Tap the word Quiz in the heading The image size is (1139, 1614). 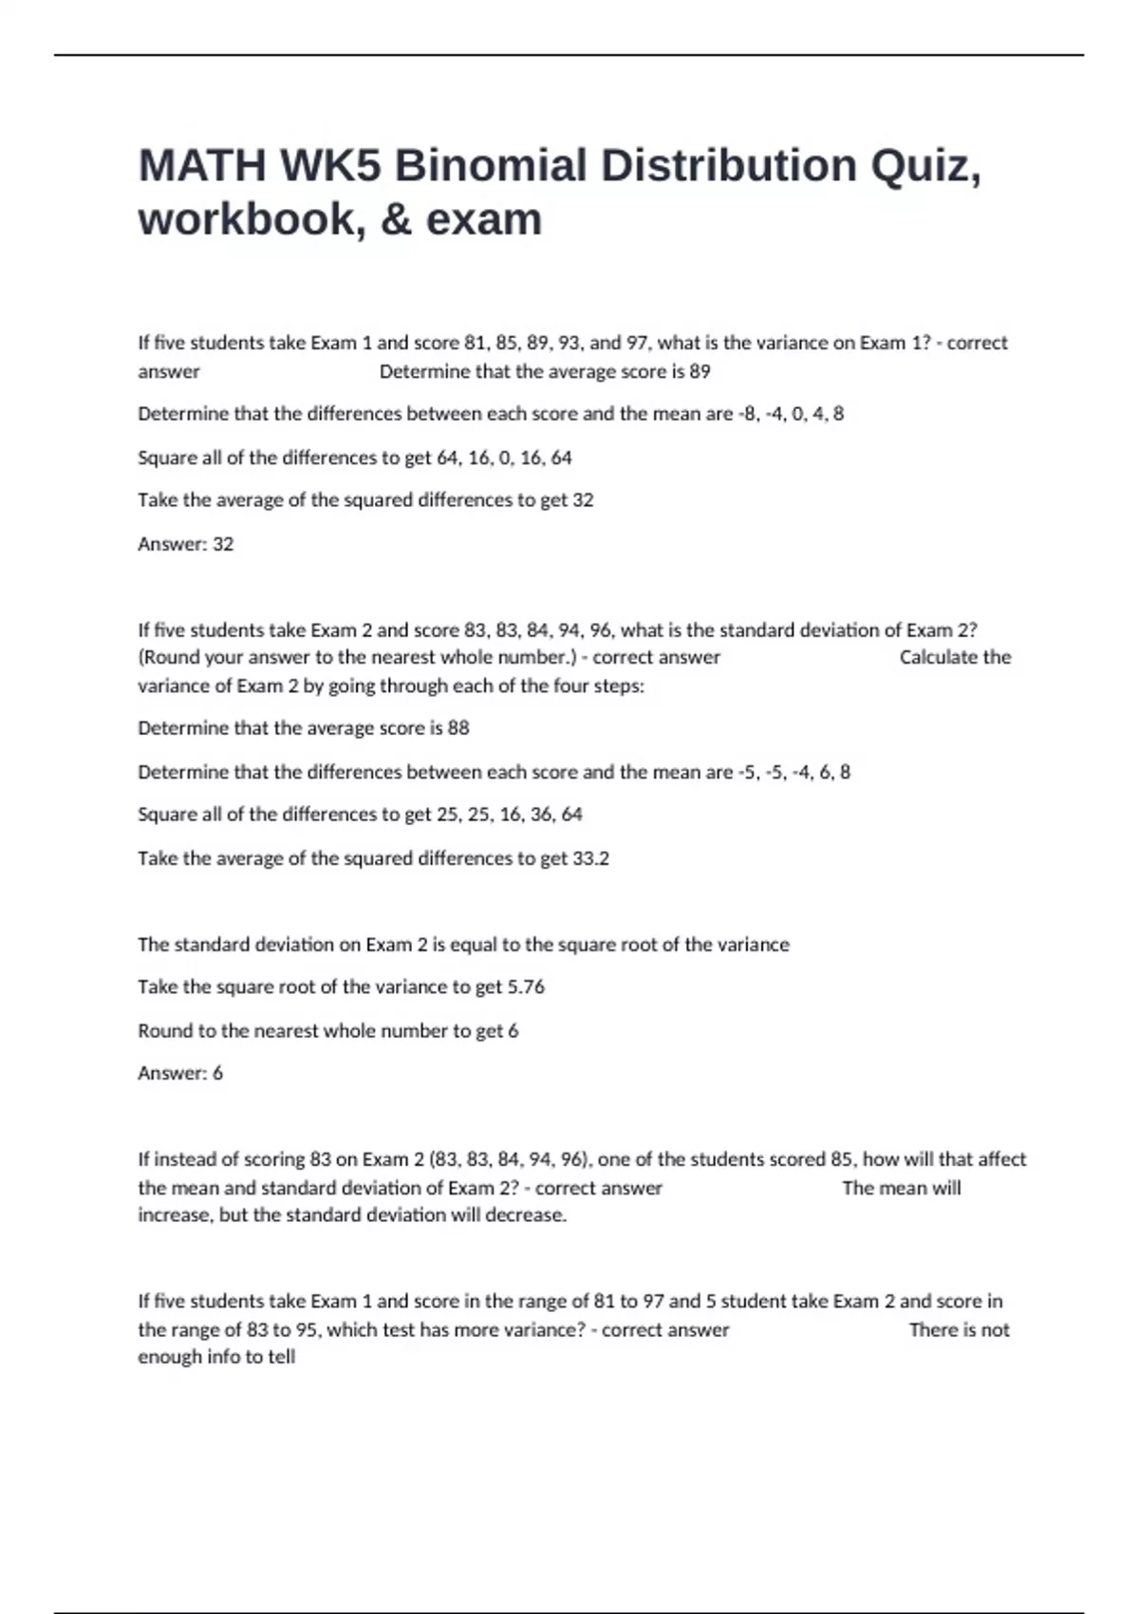tap(924, 165)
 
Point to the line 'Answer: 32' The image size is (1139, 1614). tap(185, 544)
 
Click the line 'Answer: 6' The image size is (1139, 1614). tap(180, 1073)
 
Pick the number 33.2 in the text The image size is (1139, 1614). tap(590, 858)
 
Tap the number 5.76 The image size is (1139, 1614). tap(526, 986)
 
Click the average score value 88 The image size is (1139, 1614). tap(458, 728)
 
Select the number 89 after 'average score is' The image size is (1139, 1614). tap(700, 371)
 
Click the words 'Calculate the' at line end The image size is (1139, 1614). tap(955, 657)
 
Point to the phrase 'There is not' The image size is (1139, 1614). tap(959, 1329)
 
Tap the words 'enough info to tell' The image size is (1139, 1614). tap(216, 1357)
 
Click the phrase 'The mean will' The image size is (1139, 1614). tap(901, 1188)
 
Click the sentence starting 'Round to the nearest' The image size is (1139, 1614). tap(327, 1030)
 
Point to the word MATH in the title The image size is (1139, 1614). tap(202, 165)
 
